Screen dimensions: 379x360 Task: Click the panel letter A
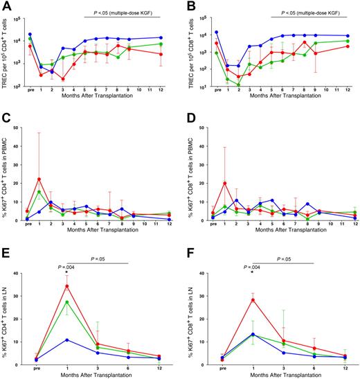pos(6,6)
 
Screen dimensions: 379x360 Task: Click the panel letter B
pos(188,6)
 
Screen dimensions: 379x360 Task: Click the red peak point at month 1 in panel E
pos(66,285)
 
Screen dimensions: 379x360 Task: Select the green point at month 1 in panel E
pos(66,301)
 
